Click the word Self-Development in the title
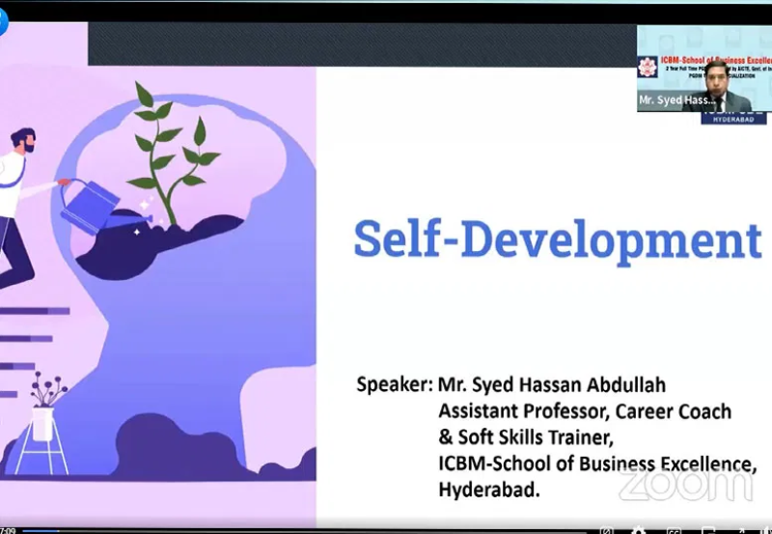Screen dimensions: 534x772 pos(557,239)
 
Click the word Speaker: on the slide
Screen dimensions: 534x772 pos(394,384)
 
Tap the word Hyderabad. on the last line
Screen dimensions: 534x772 pos(489,490)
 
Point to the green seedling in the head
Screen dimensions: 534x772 pos(174,155)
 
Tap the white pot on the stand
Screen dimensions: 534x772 pos(42,422)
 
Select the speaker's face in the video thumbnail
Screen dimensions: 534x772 pos(715,82)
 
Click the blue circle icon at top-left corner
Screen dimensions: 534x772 pos(3,21)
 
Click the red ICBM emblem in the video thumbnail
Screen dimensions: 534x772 pos(647,67)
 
